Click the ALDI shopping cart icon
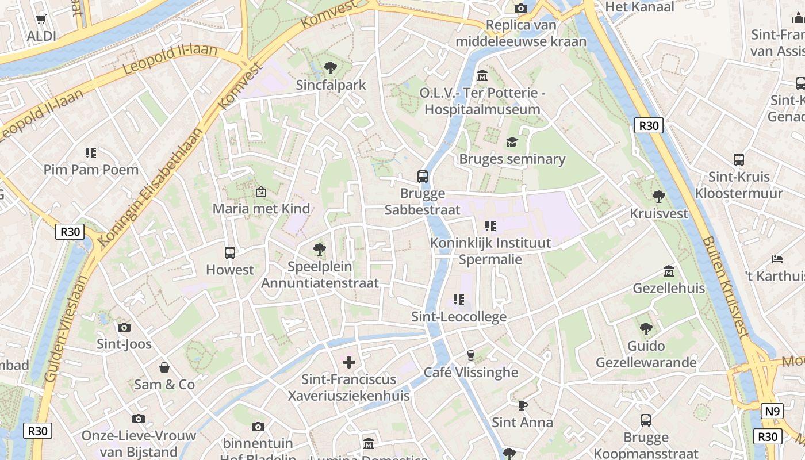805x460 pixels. [41, 19]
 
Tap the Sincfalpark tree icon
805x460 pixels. [331, 68]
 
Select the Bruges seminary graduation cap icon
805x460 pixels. [512, 142]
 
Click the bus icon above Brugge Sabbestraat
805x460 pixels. [423, 176]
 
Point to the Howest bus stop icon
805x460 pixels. [230, 252]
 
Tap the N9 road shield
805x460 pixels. [772, 411]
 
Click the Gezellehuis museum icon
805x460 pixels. [669, 270]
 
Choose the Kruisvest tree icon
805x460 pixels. [659, 197]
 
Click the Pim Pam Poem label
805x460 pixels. [91, 170]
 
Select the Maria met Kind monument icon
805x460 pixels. [261, 191]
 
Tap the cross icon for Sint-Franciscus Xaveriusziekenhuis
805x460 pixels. [349, 362]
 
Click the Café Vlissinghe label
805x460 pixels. [471, 372]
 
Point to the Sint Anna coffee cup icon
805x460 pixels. [522, 405]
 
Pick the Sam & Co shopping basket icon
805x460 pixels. [164, 367]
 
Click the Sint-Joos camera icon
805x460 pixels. [124, 327]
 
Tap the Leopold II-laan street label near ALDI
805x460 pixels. [170, 59]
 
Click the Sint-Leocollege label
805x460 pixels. [459, 317]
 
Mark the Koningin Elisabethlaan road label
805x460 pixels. [151, 186]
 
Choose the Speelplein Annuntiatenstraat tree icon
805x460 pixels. [320, 250]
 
